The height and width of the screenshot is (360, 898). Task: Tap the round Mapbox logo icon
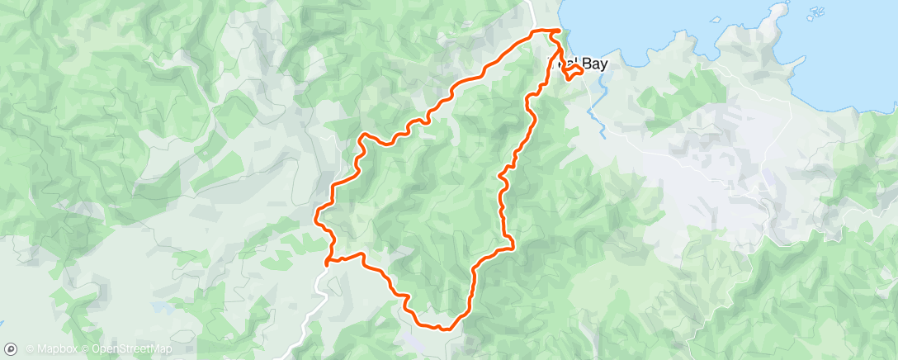pyautogui.click(x=12, y=348)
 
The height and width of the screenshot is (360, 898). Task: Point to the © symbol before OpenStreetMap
pyautogui.click(x=84, y=348)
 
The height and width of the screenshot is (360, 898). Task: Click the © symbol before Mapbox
pyautogui.click(x=30, y=348)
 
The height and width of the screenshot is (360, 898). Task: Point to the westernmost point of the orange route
pyautogui.click(x=316, y=216)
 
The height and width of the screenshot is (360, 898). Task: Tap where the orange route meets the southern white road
pyautogui.click(x=328, y=263)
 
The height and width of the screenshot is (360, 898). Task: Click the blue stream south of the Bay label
pyautogui.click(x=599, y=124)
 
